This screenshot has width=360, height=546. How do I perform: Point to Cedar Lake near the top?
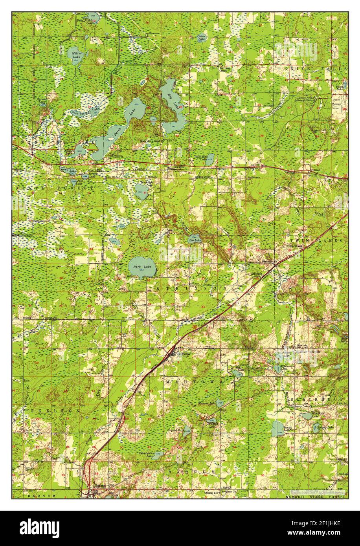click(201, 38)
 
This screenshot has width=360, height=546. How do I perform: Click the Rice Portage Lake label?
click(85, 110)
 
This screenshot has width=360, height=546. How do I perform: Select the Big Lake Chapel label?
click(225, 70)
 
